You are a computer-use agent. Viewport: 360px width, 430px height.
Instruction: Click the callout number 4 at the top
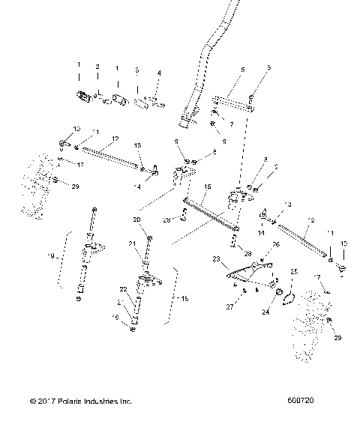tap(158, 73)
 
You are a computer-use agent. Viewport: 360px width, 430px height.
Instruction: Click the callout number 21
tap(132, 243)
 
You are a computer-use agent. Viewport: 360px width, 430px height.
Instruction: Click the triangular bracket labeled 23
tap(240, 274)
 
